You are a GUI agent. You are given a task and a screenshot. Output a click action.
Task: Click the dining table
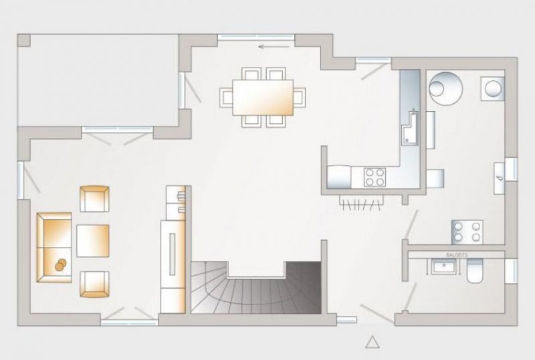point(262,96)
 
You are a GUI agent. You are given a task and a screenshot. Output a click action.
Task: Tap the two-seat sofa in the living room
point(53,247)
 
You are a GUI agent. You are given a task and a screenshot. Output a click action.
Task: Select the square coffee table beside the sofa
point(92,240)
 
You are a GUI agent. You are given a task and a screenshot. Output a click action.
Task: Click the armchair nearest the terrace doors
point(94,198)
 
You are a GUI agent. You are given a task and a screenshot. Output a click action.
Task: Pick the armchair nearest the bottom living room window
point(94,283)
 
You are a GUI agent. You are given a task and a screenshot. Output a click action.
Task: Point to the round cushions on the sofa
point(62,264)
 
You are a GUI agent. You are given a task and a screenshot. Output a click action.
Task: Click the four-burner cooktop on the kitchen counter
point(374,177)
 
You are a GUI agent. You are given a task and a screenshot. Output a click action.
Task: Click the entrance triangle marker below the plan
point(372,342)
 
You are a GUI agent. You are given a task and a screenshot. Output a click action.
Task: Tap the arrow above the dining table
point(270,47)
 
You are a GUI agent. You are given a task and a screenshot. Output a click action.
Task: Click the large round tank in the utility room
point(443,86)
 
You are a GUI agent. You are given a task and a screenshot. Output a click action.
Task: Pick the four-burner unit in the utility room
point(467,231)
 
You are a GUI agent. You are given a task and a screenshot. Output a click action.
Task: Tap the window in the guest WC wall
point(511,270)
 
